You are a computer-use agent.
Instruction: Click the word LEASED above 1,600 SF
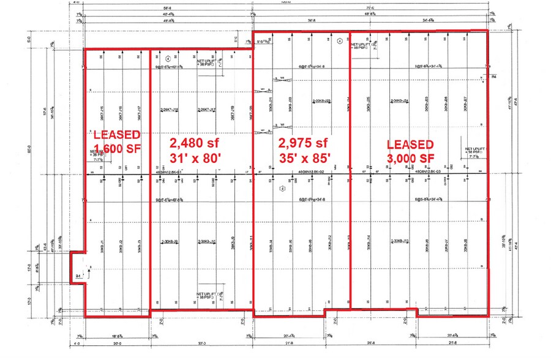(x=117, y=134)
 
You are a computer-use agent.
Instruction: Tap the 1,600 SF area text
(x=117, y=148)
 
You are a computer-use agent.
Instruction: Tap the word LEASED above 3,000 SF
(x=410, y=144)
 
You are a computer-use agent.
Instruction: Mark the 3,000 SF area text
(x=410, y=159)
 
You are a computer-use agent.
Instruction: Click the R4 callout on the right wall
(x=494, y=77)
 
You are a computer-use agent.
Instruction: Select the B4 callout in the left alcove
(x=78, y=277)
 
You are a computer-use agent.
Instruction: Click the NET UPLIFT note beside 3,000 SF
(x=475, y=151)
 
